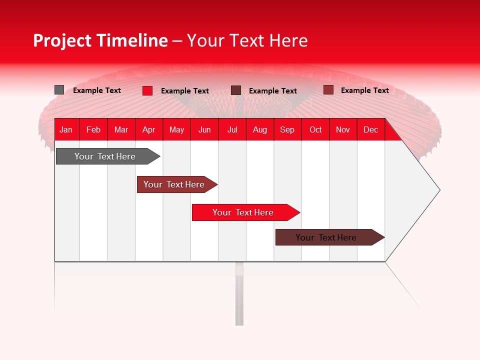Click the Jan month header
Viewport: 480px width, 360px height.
tap(66, 129)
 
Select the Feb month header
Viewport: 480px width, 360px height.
tap(93, 129)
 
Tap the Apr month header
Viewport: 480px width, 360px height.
tap(148, 129)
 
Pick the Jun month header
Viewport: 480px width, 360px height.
tap(204, 129)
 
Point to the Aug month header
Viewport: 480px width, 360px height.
tap(259, 129)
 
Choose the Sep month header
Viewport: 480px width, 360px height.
tap(287, 129)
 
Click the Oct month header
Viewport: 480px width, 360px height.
tap(315, 129)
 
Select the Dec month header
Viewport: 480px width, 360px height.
tap(370, 129)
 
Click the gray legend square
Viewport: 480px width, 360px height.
tap(59, 90)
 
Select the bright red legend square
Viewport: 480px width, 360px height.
tap(147, 90)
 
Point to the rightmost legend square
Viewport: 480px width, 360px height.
tap(328, 90)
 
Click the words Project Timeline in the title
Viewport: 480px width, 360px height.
tap(100, 40)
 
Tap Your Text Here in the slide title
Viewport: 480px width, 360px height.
tap(247, 40)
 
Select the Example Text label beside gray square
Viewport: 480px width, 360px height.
tap(97, 90)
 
